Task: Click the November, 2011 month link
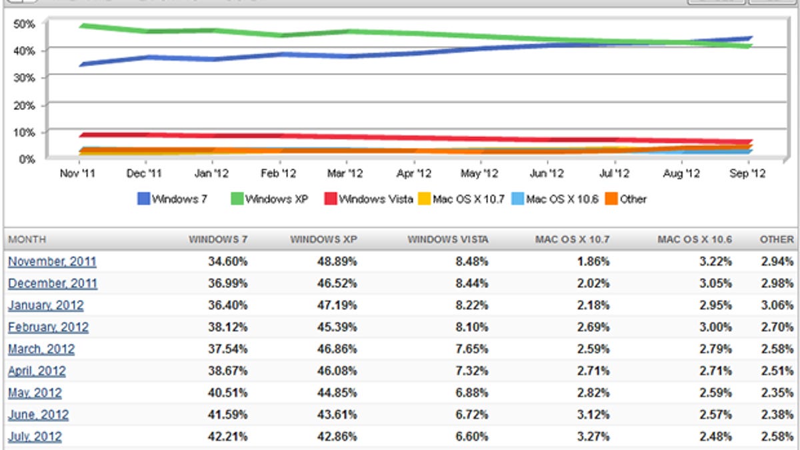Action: click(x=52, y=262)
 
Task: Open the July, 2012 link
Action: click(x=35, y=437)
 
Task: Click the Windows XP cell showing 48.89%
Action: click(x=336, y=262)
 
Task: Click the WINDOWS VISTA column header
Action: click(x=447, y=239)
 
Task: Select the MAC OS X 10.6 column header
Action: click(x=694, y=239)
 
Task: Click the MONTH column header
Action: click(x=27, y=239)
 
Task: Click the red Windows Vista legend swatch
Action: click(x=329, y=199)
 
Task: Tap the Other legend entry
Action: click(x=633, y=199)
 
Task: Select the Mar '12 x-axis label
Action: click(x=347, y=173)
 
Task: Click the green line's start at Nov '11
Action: click(x=80, y=26)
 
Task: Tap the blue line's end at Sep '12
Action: click(x=750, y=38)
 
